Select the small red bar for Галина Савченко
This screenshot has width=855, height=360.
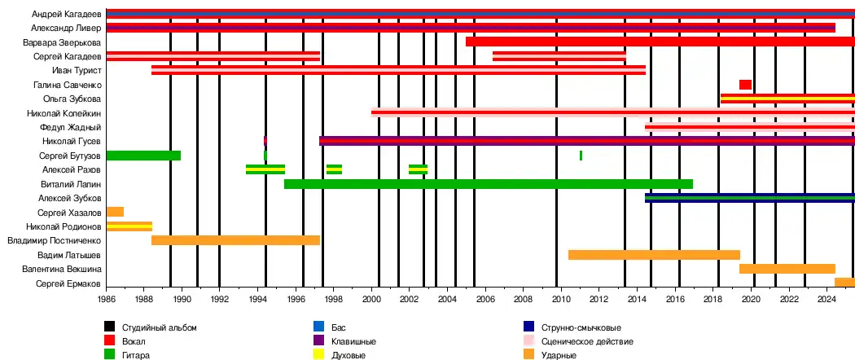(745, 85)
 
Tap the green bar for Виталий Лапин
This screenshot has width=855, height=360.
(489, 184)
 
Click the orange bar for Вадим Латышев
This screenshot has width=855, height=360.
(654, 255)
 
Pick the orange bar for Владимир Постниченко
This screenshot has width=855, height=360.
(235, 240)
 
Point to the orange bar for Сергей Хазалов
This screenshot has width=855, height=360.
(115, 212)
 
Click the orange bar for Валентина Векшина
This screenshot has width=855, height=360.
(787, 269)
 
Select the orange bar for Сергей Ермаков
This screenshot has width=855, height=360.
(844, 283)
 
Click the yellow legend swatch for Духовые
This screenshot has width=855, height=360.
(319, 355)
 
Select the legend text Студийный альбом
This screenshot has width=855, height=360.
(160, 327)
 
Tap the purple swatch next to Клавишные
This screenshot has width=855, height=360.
(319, 341)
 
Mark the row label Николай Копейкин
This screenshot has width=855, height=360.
(64, 113)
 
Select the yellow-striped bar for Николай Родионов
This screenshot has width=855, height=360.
(129, 226)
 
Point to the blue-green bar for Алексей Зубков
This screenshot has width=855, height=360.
(749, 198)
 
